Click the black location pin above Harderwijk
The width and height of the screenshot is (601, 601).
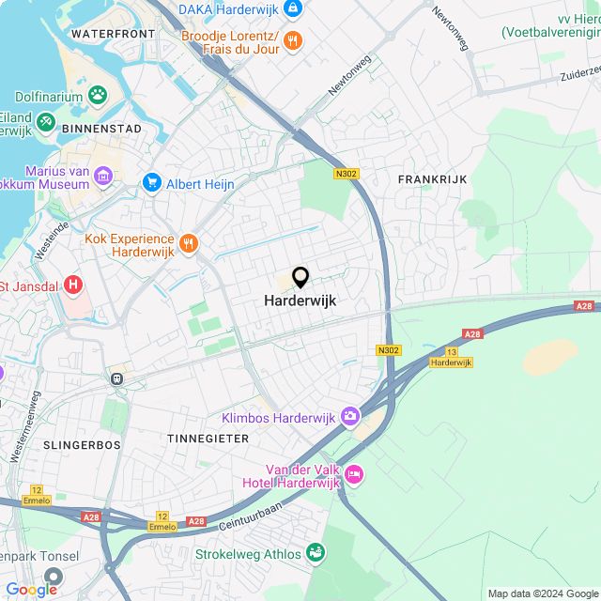(300, 277)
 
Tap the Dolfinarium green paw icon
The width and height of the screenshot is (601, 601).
(97, 95)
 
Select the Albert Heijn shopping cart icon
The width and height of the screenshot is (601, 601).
(151, 182)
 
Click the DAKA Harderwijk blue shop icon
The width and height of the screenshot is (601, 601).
(293, 8)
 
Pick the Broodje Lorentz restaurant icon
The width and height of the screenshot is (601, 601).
(292, 39)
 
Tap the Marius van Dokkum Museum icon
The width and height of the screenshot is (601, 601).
(104, 176)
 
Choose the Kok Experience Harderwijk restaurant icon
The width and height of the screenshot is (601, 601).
(189, 243)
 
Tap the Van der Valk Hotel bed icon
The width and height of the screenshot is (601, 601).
(353, 474)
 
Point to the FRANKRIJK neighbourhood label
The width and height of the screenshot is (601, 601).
(432, 178)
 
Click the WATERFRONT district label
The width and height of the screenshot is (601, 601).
(112, 34)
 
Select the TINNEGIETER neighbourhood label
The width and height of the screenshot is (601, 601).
(208, 439)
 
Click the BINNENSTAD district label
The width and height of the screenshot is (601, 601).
(101, 128)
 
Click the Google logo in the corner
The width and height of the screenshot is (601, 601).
(30, 589)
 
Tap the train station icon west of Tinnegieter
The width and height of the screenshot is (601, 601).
(117, 378)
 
